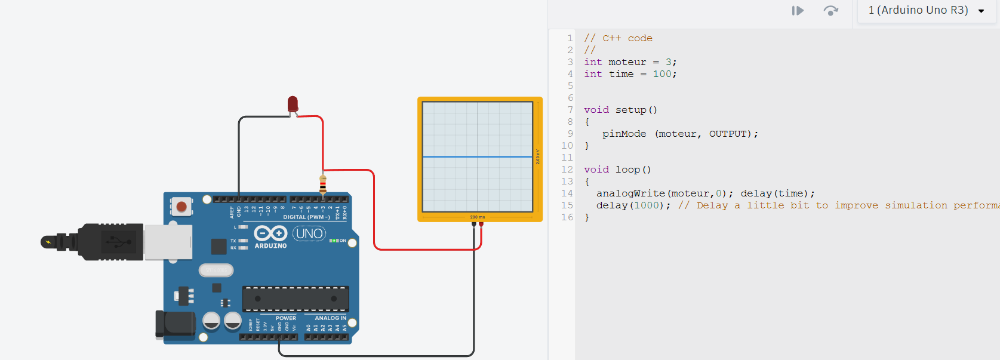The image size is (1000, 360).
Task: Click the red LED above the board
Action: pos(293,104)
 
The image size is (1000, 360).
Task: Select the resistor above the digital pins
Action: pos(323,184)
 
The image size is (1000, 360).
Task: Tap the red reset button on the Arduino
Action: pos(181,207)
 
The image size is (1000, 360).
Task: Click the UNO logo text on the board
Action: pos(309,233)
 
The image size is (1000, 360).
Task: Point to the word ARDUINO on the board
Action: pos(270,246)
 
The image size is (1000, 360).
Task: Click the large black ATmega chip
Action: pos(295,299)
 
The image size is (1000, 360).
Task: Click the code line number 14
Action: pos(567,193)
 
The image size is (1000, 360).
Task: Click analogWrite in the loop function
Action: pos(630,193)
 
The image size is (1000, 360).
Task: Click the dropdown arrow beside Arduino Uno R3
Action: pos(981,11)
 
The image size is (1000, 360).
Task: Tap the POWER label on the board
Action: pos(286,318)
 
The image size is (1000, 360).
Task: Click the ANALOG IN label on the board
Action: pos(330,318)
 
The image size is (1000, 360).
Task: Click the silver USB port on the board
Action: pos(168,242)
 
